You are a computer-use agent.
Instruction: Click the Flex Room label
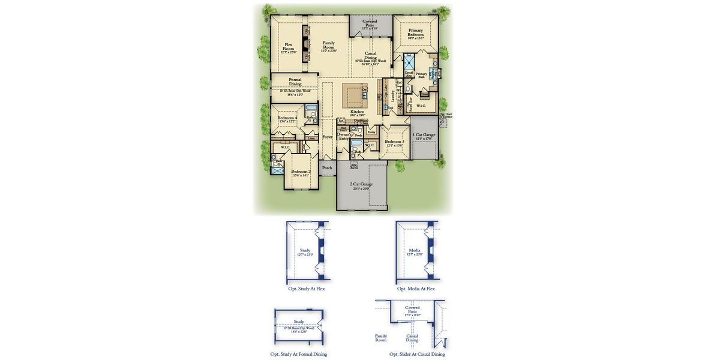[x=288, y=46]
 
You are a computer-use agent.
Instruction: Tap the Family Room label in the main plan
[x=329, y=44]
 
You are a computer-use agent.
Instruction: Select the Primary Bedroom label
[x=415, y=32]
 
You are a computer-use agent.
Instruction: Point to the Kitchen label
[x=357, y=112]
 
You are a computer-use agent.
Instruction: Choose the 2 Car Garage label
[x=361, y=184]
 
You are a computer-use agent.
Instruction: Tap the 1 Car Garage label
[x=424, y=135]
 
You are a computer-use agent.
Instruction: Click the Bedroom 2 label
[x=301, y=172]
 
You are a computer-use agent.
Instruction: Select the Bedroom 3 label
[x=394, y=142]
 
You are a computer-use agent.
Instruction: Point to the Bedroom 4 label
[x=287, y=118]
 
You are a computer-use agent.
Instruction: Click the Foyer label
[x=327, y=137]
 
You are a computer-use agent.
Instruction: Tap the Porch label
[x=327, y=168]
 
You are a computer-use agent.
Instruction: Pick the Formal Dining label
[x=295, y=81]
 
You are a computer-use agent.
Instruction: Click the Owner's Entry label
[x=344, y=136]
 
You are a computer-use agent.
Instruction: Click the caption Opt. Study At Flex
[x=307, y=289]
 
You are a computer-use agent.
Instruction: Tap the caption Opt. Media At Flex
[x=416, y=289]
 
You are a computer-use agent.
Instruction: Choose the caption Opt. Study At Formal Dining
[x=299, y=354]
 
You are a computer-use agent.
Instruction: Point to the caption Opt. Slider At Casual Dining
[x=417, y=354]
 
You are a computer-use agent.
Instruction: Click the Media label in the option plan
[x=415, y=250]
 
